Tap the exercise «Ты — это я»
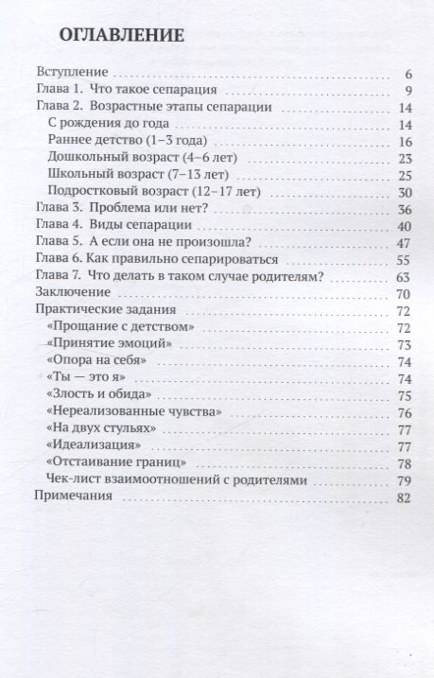pos(83,378)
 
